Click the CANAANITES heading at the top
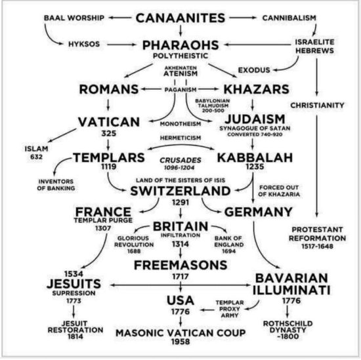tap(180, 18)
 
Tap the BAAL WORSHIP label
tap(74, 18)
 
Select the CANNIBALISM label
tap(289, 18)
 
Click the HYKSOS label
tap(84, 44)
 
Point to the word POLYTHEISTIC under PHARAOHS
tap(180, 56)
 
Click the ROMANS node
tap(109, 89)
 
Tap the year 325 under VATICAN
tap(109, 133)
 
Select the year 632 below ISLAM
tap(36, 157)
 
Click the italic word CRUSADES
tap(180, 160)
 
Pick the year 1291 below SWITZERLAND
tap(180, 203)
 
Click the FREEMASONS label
tap(180, 265)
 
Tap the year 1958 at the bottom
tap(180, 342)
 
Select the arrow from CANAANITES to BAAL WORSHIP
tap(120, 18)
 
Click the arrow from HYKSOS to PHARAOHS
tap(122, 45)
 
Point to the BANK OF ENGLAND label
tap(228, 245)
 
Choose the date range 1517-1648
tap(317, 247)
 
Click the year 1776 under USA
tap(180, 311)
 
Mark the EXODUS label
tap(254, 70)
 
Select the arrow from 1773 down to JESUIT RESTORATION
tap(74, 311)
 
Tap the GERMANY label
tap(259, 212)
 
